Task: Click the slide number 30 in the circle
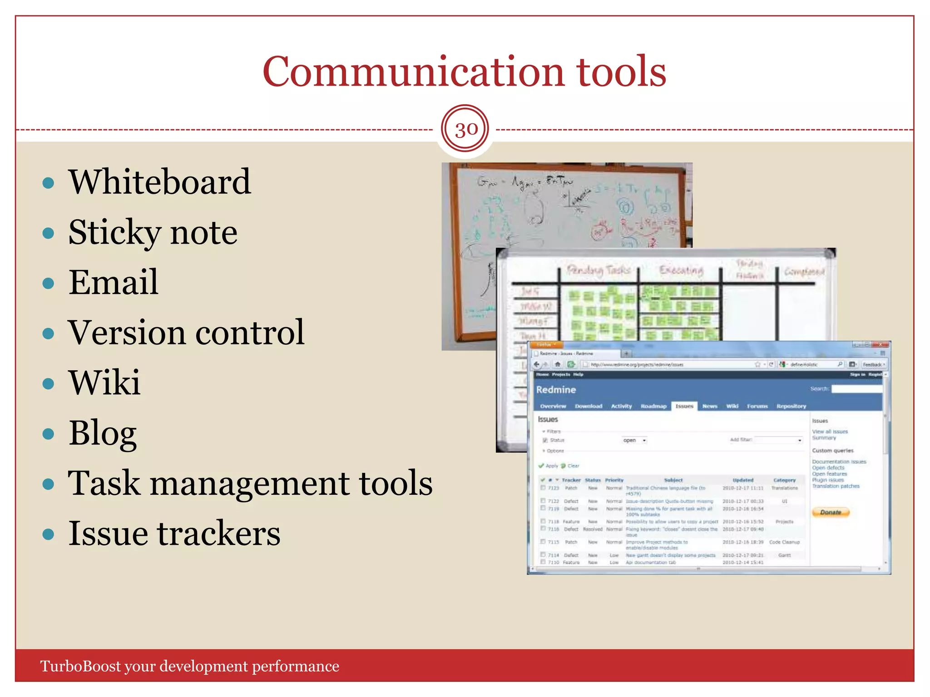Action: [x=465, y=130]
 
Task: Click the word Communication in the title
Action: [x=413, y=72]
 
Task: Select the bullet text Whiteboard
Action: [x=159, y=182]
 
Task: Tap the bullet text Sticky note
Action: [x=153, y=232]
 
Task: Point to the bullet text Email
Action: [x=114, y=282]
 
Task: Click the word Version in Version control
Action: [x=127, y=333]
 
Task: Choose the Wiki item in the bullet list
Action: [x=104, y=383]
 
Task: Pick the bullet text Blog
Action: [x=103, y=433]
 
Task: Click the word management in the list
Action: [x=249, y=483]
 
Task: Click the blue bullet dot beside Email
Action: [x=48, y=284]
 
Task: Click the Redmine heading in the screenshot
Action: [x=556, y=390]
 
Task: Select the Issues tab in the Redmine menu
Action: [x=684, y=406]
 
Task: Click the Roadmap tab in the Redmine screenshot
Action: [x=653, y=406]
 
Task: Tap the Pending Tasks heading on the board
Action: [x=599, y=270]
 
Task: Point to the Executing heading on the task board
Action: [x=681, y=270]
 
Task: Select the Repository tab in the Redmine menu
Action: [x=791, y=406]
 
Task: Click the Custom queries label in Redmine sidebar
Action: [x=832, y=451]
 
